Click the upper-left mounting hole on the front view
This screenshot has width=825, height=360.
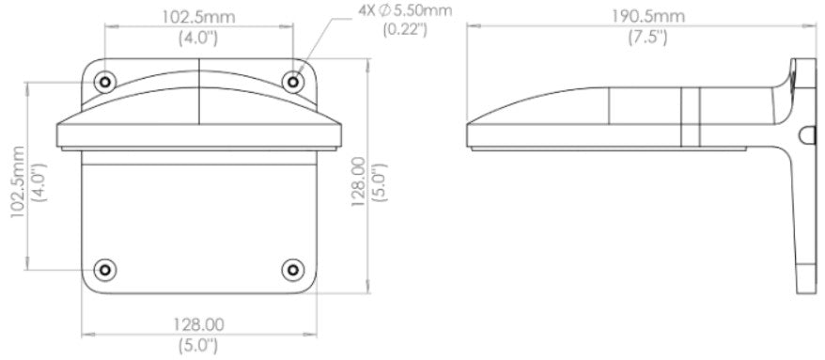tap(105, 83)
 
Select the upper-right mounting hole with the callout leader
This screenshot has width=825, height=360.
tap(294, 83)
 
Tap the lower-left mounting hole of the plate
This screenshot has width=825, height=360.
tap(105, 269)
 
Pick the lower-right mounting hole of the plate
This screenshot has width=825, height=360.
tap(294, 269)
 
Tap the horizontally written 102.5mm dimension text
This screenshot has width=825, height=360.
tap(198, 16)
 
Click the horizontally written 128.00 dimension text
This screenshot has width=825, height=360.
tap(198, 324)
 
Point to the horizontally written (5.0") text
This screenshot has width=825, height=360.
tap(198, 345)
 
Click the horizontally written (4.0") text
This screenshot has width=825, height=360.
tap(198, 39)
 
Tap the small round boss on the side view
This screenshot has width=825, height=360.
tap(803, 137)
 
